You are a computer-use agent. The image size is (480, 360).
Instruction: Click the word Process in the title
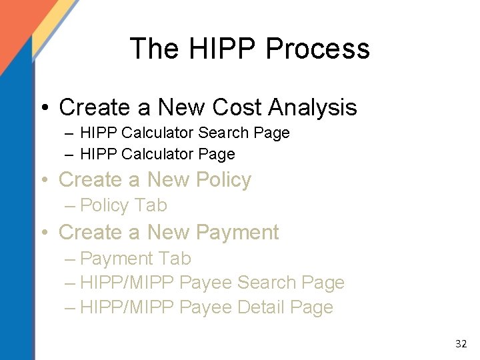point(317,49)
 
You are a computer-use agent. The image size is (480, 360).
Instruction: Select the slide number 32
point(461,344)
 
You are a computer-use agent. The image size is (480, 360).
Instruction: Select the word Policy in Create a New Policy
point(217,180)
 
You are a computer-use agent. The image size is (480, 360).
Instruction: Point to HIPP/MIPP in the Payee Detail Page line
point(127,307)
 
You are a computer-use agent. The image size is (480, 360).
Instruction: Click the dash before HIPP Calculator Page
point(70,155)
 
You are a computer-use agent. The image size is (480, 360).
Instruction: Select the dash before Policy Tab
point(70,205)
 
